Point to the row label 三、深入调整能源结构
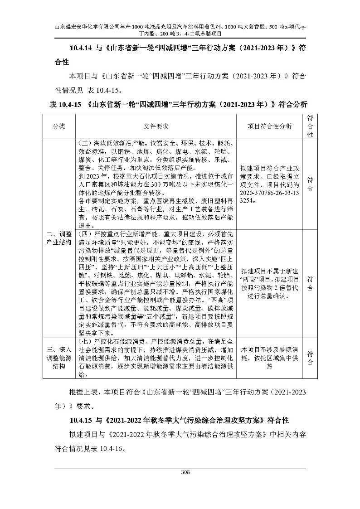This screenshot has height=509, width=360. tap(59, 357)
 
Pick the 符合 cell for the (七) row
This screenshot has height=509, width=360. tap(311, 357)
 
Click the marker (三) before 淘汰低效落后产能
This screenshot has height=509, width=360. tap(85, 142)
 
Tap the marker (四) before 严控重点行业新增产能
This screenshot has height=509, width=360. tap(85, 234)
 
